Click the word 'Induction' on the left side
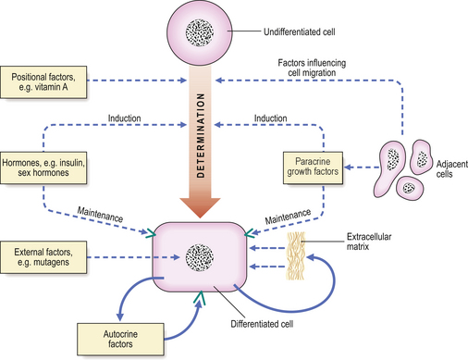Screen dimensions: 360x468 pos(126,120)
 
